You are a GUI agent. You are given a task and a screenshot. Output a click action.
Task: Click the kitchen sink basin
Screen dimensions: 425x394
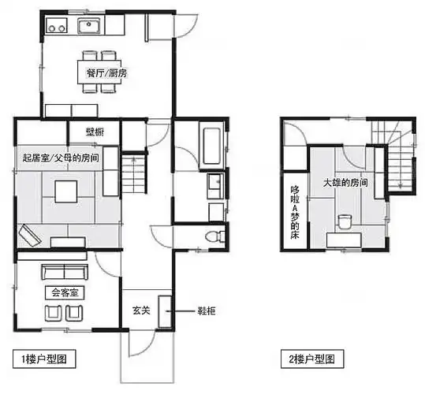[89, 26]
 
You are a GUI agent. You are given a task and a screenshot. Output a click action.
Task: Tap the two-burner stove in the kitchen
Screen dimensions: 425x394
[57, 25]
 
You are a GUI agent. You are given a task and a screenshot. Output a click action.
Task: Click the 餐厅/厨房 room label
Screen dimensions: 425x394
[106, 72]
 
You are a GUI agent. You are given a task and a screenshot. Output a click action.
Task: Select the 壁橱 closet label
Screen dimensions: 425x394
[95, 132]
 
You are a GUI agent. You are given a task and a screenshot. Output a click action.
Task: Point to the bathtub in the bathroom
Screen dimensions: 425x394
[211, 146]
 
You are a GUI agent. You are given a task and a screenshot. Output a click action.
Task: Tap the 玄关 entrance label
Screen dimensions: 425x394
[141, 310]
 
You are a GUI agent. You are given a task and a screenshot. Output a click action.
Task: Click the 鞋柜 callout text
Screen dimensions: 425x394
[207, 311]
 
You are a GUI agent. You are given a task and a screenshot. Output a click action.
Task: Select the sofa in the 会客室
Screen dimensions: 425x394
[65, 272]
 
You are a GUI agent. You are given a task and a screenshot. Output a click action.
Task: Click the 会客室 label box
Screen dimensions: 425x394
[65, 292]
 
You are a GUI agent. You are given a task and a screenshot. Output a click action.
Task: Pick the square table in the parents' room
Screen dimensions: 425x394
[66, 191]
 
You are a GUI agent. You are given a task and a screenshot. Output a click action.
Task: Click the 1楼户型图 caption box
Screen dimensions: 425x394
[44, 359]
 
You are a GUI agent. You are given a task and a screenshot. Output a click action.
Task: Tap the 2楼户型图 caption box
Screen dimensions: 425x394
[312, 359]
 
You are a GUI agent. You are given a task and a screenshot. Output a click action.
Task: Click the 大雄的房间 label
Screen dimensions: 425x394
[345, 183]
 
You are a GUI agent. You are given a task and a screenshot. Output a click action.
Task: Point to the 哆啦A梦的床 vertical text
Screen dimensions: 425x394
[295, 212]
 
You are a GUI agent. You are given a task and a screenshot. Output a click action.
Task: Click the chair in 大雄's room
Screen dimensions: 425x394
[345, 221]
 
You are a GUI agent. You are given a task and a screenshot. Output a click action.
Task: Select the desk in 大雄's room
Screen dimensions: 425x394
[344, 240]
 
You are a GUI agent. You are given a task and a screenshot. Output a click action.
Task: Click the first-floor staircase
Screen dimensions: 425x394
[133, 173]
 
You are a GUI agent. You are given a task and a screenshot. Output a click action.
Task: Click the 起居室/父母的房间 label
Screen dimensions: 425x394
[61, 158]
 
